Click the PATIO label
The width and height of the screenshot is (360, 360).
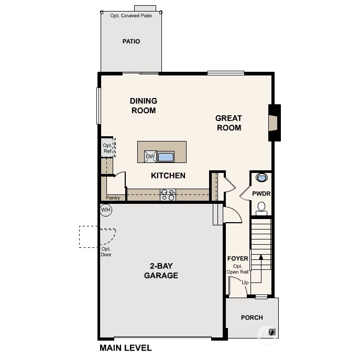(131, 41)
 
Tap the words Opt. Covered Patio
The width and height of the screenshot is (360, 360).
(131, 16)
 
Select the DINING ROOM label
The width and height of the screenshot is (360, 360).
(143, 105)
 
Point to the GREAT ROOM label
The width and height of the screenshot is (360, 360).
(228, 123)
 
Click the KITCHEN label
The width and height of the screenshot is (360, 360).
(168, 176)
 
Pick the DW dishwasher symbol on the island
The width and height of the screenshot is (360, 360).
(150, 156)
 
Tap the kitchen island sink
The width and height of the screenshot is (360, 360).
(166, 156)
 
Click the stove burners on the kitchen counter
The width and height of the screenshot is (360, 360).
(168, 194)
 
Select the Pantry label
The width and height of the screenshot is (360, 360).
(113, 198)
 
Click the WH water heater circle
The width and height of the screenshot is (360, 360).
(106, 210)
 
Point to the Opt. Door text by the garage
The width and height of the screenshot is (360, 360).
(106, 252)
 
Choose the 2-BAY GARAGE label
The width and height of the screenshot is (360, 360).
(161, 271)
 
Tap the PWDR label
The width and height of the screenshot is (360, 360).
(260, 193)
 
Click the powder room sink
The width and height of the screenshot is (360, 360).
(261, 178)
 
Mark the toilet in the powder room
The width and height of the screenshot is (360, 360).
(261, 210)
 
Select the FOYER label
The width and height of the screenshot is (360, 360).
(237, 259)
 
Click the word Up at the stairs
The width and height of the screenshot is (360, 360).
(245, 282)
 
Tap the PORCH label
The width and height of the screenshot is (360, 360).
(252, 318)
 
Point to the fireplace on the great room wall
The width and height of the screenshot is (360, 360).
(274, 123)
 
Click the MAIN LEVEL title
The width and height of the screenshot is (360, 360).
(125, 347)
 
